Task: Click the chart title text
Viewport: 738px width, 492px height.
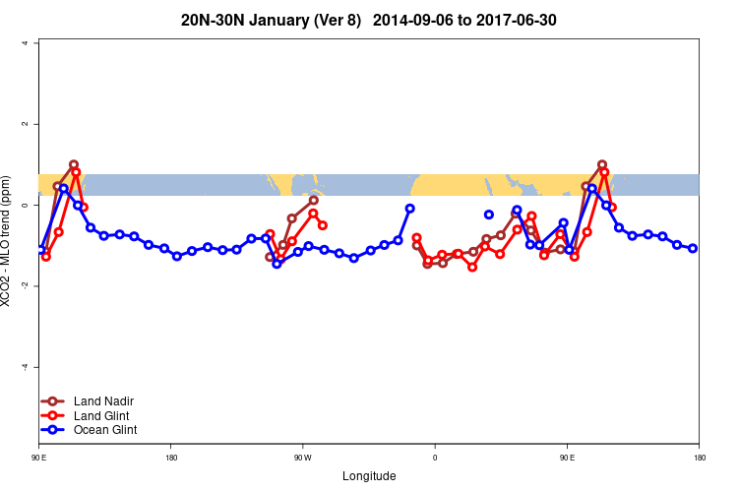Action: (x=369, y=20)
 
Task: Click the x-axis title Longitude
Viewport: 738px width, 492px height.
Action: (x=369, y=476)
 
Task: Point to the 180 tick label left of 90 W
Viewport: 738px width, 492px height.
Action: (x=171, y=457)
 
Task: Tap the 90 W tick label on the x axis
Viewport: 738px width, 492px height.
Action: (x=302, y=457)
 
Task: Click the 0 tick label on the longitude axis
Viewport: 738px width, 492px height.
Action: (x=434, y=457)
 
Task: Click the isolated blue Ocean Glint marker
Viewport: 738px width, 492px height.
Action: (x=489, y=215)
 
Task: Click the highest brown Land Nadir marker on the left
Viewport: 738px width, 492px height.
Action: (x=74, y=164)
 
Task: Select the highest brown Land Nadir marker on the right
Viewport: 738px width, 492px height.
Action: (x=602, y=164)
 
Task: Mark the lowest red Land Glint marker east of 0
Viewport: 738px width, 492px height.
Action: (x=472, y=267)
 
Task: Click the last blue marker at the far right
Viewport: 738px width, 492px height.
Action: (x=693, y=248)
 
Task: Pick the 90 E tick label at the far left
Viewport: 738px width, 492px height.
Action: (x=39, y=457)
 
